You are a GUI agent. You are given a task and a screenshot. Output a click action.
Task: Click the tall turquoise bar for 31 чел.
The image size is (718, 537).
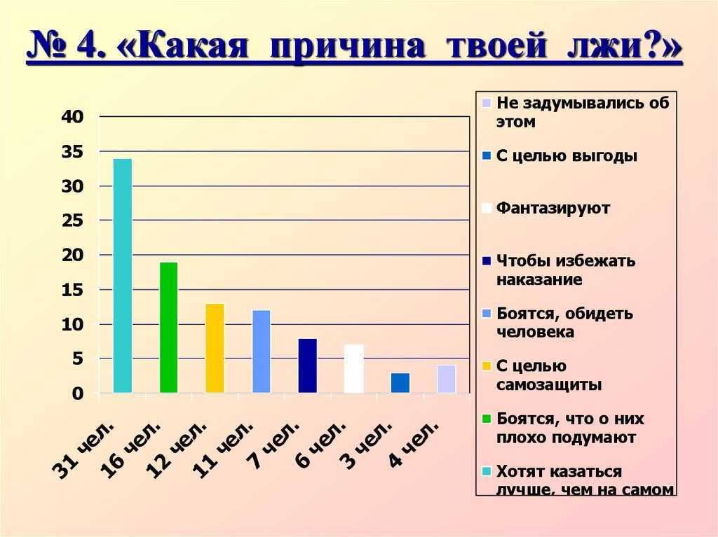pyautogui.click(x=122, y=276)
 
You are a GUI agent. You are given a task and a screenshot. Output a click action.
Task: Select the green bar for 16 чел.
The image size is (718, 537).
pyautogui.click(x=168, y=328)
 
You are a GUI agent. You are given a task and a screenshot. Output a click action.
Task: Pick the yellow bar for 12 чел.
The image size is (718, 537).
pyautogui.click(x=215, y=348)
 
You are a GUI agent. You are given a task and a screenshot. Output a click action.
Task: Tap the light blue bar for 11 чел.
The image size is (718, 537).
pyautogui.click(x=262, y=351)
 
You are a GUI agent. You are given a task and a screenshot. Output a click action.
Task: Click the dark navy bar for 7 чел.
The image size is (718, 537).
pyautogui.click(x=308, y=365)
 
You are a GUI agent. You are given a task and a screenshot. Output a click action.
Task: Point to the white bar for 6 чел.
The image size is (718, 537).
pyautogui.click(x=354, y=369)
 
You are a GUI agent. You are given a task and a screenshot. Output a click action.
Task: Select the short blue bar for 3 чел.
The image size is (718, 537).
pyautogui.click(x=400, y=383)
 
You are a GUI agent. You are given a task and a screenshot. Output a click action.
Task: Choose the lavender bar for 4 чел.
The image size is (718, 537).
pyautogui.click(x=447, y=379)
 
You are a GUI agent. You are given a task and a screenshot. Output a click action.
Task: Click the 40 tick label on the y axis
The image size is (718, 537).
pyautogui.click(x=73, y=117)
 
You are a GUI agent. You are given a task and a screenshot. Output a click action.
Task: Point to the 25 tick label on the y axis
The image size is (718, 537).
pyautogui.click(x=73, y=221)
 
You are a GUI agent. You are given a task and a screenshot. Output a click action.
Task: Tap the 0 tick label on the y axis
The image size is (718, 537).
pyautogui.click(x=79, y=393)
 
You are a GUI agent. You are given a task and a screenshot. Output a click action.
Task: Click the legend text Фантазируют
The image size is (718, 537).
pyautogui.click(x=553, y=208)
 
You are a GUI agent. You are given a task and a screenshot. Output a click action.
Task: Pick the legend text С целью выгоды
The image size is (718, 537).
pyautogui.click(x=567, y=155)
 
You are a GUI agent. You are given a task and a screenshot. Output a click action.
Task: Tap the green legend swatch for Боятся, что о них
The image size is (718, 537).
pyautogui.click(x=487, y=419)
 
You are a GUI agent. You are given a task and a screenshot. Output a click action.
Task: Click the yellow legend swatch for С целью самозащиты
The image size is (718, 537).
pyautogui.click(x=487, y=366)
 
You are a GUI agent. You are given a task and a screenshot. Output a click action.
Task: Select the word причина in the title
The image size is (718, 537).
pyautogui.click(x=348, y=46)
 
